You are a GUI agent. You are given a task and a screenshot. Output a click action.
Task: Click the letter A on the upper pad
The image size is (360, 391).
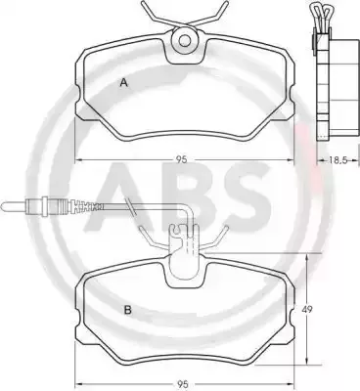point(123,83)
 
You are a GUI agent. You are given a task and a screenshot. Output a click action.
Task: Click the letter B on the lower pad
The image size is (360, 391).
point(128,310)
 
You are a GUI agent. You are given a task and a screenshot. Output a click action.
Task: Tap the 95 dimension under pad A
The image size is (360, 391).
point(182,159)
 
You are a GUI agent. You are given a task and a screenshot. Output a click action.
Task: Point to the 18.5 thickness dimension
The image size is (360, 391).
point(337,159)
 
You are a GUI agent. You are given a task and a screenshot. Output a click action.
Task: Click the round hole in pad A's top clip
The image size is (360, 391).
point(185,40)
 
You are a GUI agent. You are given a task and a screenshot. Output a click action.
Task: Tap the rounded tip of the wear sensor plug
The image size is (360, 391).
point(3,205)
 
